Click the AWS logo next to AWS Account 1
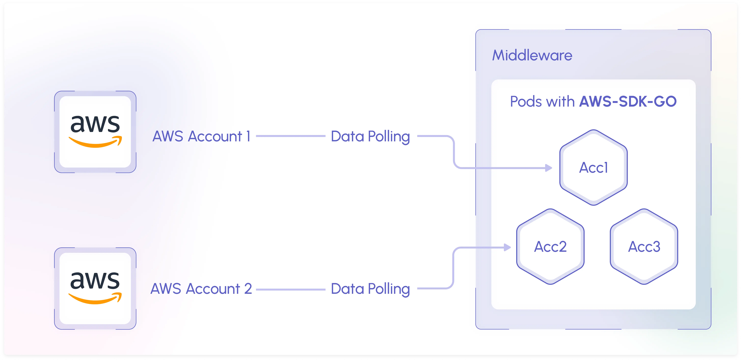click(x=95, y=132)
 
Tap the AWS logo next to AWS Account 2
click(x=95, y=288)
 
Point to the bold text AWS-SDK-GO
click(x=628, y=101)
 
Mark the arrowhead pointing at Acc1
click(x=549, y=168)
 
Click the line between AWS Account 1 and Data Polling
click(x=291, y=136)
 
